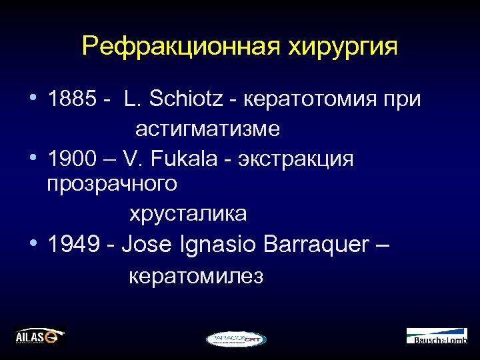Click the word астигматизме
tap(207, 129)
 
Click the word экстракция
tap(296, 159)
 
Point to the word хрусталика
tap(187, 213)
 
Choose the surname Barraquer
tap(316, 244)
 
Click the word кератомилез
tap(195, 275)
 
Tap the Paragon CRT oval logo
tap(236, 339)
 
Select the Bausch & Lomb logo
tap(437, 336)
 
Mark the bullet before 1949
tap(33, 244)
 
